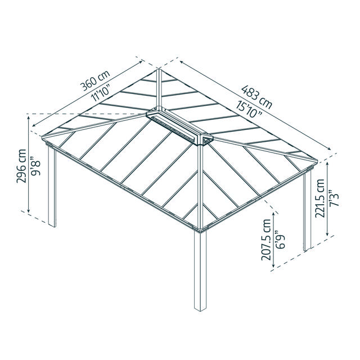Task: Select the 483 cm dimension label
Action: click(x=256, y=97)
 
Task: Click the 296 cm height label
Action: click(x=21, y=166)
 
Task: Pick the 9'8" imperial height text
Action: click(x=36, y=166)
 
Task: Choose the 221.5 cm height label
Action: click(x=320, y=198)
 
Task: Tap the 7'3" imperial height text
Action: click(x=334, y=198)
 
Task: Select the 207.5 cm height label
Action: click(x=266, y=240)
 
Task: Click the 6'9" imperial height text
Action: click(x=280, y=240)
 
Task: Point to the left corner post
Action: click(x=52, y=186)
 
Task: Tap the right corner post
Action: click(x=307, y=211)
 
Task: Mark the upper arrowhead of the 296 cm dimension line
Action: click(x=29, y=118)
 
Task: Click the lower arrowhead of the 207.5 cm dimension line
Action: click(x=273, y=265)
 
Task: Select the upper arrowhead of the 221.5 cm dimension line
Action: click(x=327, y=164)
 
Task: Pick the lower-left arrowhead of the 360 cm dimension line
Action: click(x=34, y=125)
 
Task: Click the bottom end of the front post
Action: click(x=200, y=309)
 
